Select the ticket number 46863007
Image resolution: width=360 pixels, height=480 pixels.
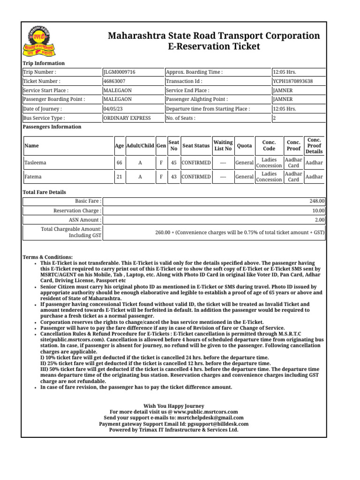tap(114, 81)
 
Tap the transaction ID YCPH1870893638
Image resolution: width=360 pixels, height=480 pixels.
tap(293, 81)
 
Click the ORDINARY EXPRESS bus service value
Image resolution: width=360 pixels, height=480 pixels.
tap(127, 118)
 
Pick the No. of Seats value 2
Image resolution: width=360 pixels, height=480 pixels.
tap(274, 118)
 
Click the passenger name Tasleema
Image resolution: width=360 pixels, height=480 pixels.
tap(36, 163)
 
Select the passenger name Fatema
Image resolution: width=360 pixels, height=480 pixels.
tap(33, 177)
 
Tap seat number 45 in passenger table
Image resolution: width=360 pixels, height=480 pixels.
tap(173, 163)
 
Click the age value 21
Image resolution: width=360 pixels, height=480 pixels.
tap(120, 177)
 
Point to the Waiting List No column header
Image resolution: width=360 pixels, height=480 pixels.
tap(223, 145)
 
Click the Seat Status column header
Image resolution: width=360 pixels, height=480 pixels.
tap(196, 146)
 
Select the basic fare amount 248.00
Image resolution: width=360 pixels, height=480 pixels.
tap(317, 201)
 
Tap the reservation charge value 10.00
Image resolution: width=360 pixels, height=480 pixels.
tap(319, 210)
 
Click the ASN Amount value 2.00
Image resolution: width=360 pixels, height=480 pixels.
tap(320, 219)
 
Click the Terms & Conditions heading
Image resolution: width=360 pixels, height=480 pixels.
tap(48, 257)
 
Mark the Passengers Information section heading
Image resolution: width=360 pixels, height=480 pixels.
tap(52, 127)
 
